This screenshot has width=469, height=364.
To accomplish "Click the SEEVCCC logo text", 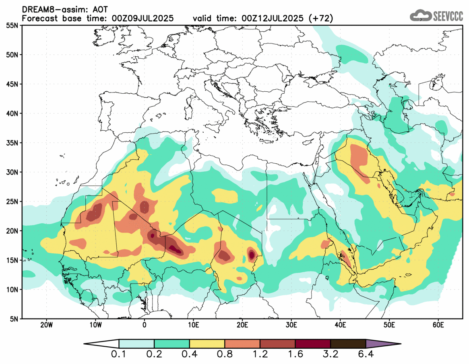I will (448, 16).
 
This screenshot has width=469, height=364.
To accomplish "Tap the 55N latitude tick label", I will (12, 25).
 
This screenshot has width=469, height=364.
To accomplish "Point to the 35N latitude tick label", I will (12, 143).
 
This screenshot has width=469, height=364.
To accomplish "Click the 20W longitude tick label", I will (46, 325).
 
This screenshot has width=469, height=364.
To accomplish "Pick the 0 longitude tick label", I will (144, 325).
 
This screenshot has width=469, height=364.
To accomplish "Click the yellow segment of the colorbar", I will (207, 344).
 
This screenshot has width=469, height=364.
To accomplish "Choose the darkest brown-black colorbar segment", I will (348, 344).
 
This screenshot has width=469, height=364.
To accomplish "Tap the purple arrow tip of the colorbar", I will (382, 344).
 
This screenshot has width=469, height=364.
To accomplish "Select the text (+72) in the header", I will (320, 19).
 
